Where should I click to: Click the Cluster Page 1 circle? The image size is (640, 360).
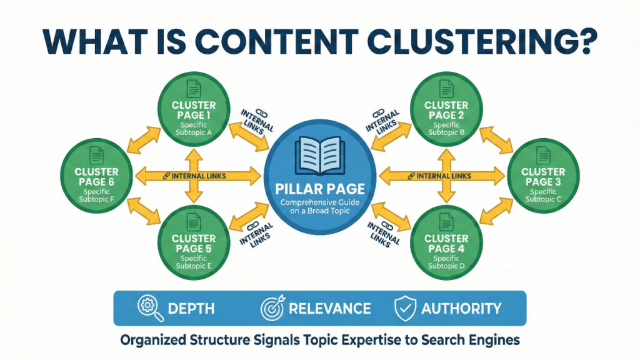coord(194,110)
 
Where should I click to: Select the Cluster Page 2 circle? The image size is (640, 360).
coord(446,110)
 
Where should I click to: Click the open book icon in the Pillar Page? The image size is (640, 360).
coord(319,153)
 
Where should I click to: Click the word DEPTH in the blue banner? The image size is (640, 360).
coord(191,308)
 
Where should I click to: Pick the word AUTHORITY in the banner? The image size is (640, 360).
coord(461,308)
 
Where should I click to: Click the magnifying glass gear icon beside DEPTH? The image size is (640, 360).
coord(151,308)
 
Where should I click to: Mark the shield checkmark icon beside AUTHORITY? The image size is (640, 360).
coord(405,308)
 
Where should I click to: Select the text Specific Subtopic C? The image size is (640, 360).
coord(542,195)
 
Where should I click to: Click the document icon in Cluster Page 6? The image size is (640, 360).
coord(96,155)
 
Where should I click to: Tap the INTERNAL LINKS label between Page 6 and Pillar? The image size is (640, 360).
coord(194,176)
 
